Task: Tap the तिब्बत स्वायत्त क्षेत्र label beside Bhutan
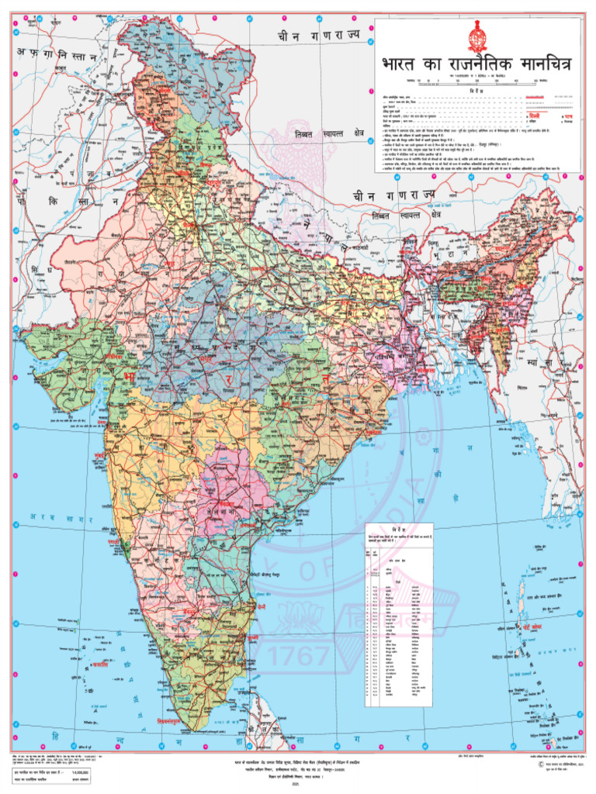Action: pyautogui.click(x=405, y=214)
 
